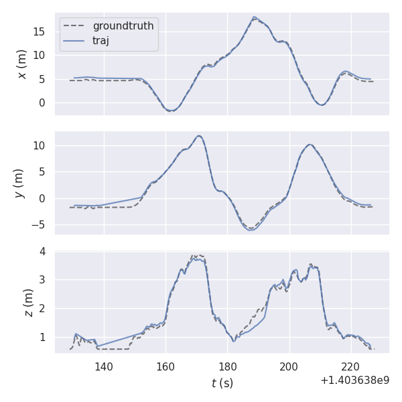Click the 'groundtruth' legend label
(123, 26)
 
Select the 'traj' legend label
(100, 40)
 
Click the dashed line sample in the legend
(74, 26)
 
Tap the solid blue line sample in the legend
(74, 40)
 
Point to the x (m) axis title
(22, 64)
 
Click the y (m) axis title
(19, 183)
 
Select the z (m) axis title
(28, 302)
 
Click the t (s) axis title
(222, 383)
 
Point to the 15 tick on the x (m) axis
(41, 31)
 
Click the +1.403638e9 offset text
(354, 381)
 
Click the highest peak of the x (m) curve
(255, 17)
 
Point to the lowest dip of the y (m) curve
(251, 230)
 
